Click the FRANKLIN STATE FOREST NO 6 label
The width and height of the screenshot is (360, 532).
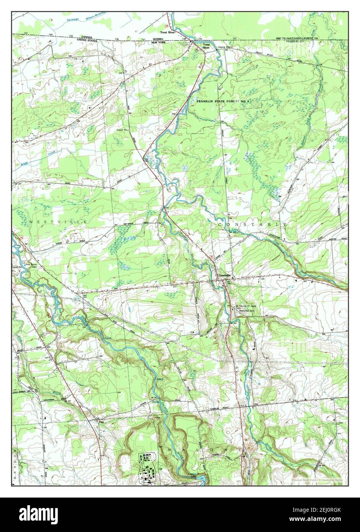[x=223, y=101]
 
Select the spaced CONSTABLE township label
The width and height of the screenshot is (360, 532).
[x=252, y=224]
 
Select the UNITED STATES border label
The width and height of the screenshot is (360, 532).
[x=87, y=40]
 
